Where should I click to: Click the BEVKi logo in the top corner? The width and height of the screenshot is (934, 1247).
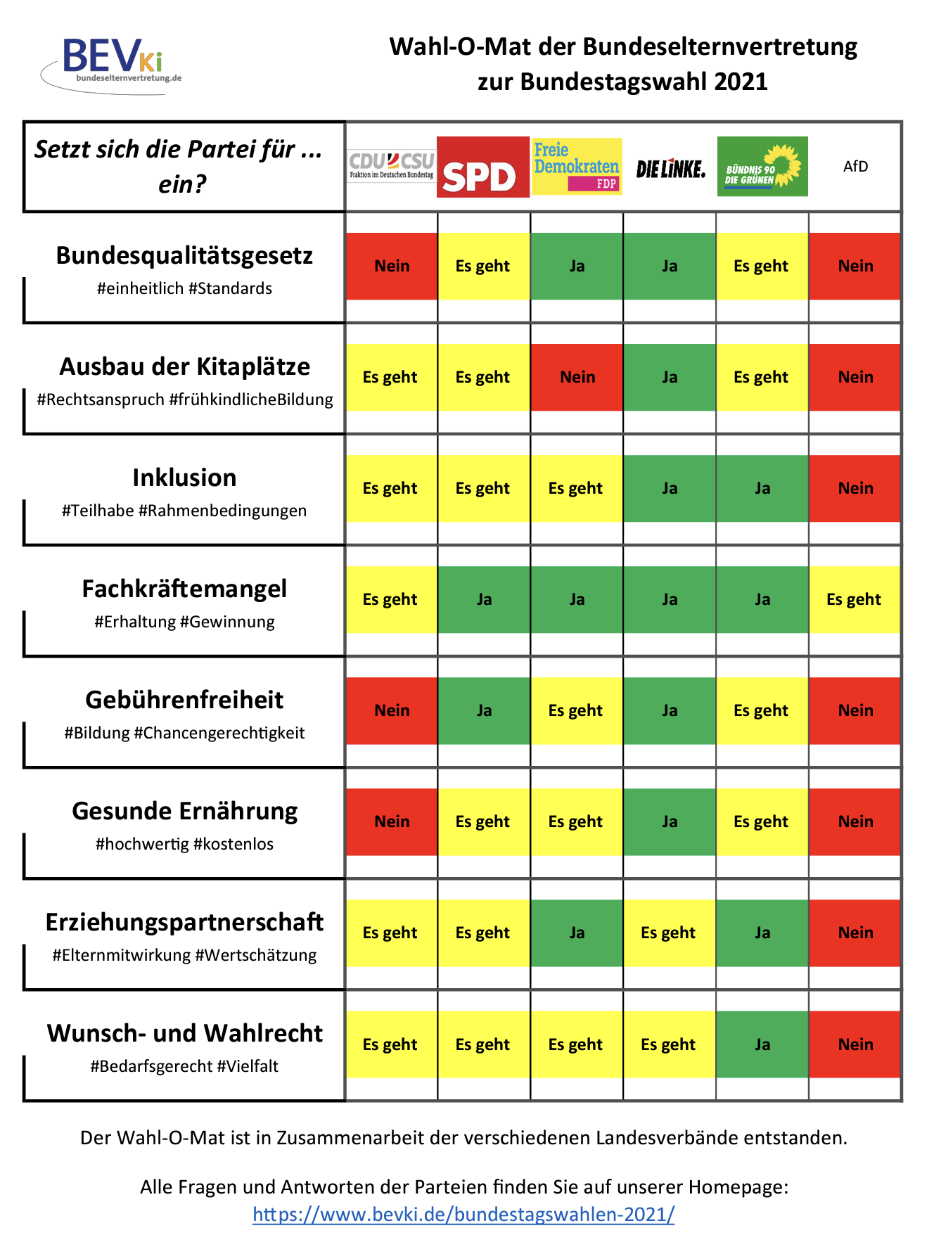point(113,63)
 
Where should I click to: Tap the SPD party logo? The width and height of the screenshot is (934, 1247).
point(482,167)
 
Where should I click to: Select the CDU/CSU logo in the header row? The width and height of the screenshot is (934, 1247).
point(392,166)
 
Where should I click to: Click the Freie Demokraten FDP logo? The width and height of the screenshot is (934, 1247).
point(577,167)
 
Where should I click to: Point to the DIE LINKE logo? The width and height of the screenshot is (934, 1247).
point(670,169)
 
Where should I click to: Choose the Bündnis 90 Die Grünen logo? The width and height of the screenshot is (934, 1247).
point(762,167)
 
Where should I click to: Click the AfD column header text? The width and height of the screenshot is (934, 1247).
point(855,167)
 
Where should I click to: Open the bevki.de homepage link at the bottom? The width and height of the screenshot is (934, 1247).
point(463,1214)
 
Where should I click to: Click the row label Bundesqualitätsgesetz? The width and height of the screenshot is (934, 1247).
point(184,255)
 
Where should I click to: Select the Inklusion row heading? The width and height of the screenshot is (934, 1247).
point(184,478)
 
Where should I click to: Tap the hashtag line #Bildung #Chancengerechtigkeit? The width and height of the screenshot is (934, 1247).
point(184,733)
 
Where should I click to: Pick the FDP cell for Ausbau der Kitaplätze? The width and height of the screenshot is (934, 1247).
point(577,377)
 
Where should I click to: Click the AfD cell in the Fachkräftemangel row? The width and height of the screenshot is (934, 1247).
point(854,599)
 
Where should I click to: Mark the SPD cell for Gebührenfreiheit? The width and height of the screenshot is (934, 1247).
point(484,710)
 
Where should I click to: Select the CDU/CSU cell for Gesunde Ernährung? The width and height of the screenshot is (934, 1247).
point(392,821)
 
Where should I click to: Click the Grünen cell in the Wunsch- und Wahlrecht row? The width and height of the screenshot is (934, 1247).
point(762,1044)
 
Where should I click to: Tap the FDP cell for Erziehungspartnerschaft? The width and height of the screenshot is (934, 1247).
point(577,933)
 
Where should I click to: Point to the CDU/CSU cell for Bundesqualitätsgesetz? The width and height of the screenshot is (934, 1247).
point(392,266)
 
